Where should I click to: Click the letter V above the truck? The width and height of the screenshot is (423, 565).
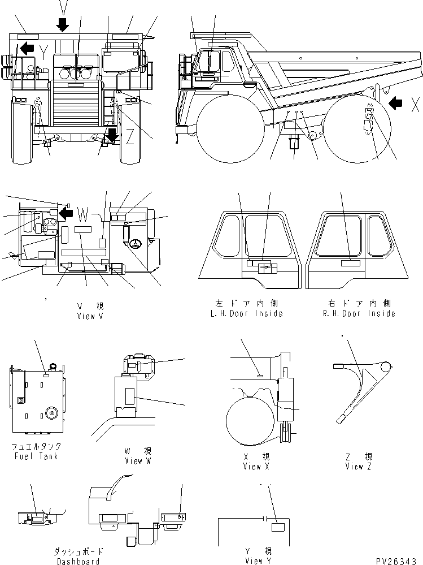(x=63, y=7)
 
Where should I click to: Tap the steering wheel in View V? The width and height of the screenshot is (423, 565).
(x=135, y=245)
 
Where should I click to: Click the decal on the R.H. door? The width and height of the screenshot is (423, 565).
(x=350, y=264)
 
